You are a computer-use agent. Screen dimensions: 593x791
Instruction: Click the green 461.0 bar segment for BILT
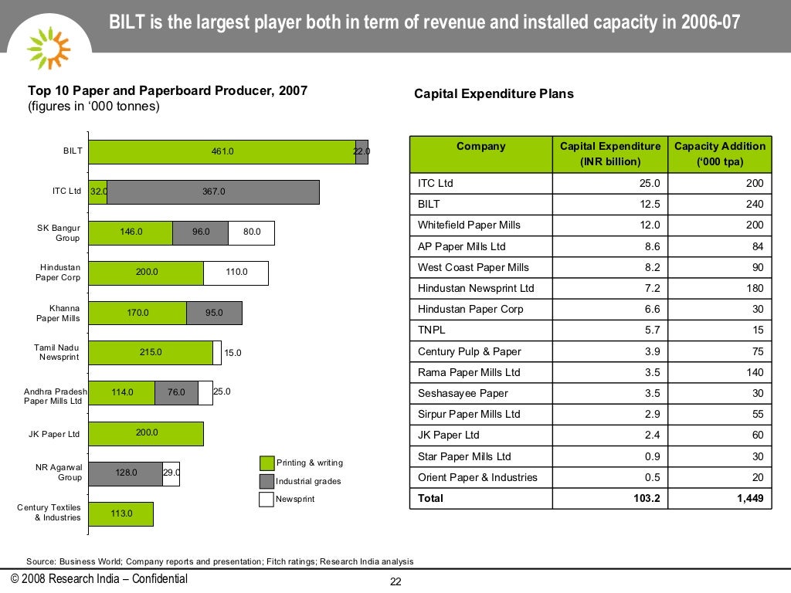tap(222, 152)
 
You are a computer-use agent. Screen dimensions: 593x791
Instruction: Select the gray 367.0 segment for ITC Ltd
tap(213, 192)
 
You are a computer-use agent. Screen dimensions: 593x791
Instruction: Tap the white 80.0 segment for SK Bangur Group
tap(252, 232)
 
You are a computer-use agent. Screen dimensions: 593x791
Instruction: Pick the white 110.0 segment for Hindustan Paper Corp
tap(236, 273)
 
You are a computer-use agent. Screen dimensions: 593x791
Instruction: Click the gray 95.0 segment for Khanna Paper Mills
tap(214, 313)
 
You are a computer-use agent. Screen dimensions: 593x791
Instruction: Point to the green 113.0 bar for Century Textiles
tap(121, 513)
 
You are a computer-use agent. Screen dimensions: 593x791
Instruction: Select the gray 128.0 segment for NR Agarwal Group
tap(126, 473)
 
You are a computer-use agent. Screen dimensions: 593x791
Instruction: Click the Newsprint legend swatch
tap(266, 499)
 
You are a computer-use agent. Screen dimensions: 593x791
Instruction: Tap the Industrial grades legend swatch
tap(266, 481)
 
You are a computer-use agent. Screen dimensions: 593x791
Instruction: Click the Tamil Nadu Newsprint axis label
tap(56, 352)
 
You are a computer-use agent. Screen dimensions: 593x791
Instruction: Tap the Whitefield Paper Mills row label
tap(469, 225)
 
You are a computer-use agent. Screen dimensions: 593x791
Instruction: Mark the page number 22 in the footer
tap(395, 582)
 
